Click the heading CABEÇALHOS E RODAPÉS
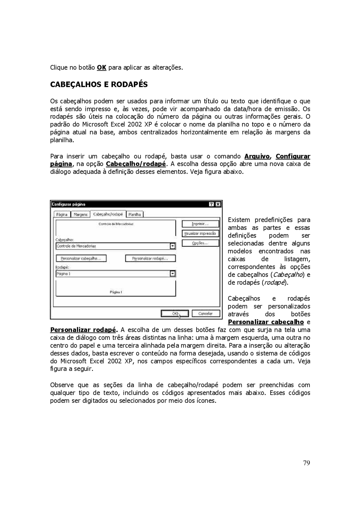[x=99, y=85]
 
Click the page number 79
[x=307, y=463]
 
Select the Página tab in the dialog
[x=62, y=214]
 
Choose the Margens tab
[x=80, y=214]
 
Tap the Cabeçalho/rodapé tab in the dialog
[x=108, y=214]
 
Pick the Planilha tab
[x=134, y=214]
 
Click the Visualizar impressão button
[x=200, y=234]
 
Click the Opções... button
[x=200, y=243]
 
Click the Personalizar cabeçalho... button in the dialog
[x=81, y=258]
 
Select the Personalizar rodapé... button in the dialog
[x=150, y=258]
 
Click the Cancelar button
[x=206, y=313]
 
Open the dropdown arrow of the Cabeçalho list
[x=173, y=246]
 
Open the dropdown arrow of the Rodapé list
[x=173, y=274]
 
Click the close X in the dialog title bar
[x=218, y=204]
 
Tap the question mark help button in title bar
[x=212, y=204]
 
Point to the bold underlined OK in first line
[x=102, y=68]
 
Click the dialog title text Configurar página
[x=68, y=204]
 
